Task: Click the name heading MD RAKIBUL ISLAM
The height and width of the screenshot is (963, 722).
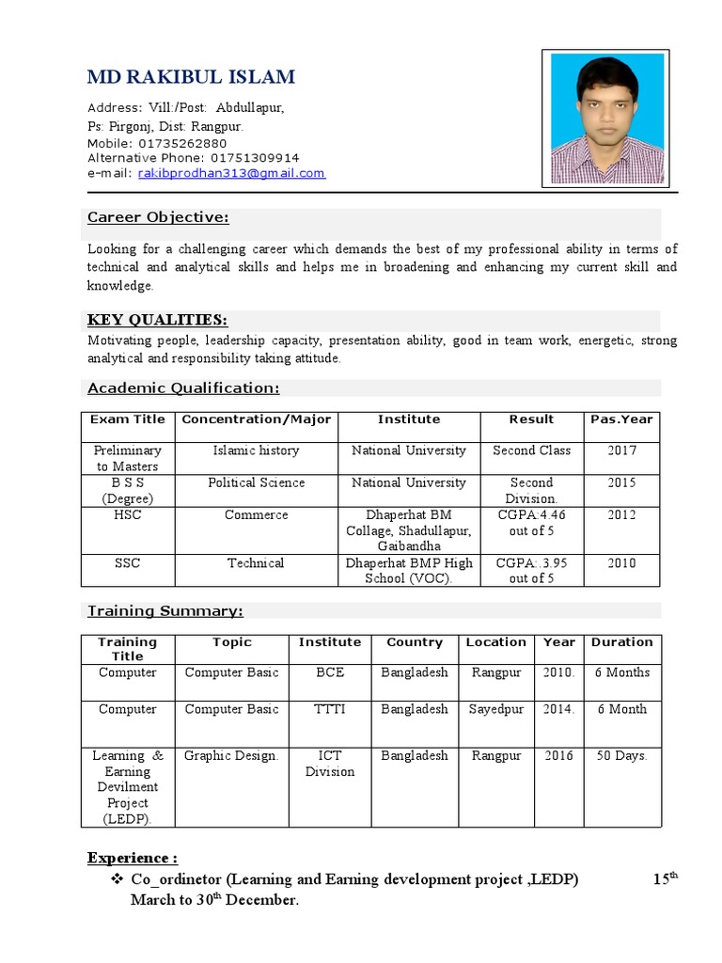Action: (x=191, y=77)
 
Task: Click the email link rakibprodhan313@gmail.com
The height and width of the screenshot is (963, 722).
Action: (x=231, y=173)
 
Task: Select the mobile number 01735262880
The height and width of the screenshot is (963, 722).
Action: (x=182, y=143)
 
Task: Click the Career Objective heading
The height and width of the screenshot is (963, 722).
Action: (x=158, y=218)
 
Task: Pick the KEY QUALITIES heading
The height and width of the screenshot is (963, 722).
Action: (x=157, y=320)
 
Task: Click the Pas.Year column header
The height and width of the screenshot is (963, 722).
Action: (x=621, y=419)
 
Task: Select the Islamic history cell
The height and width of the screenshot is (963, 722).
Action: (x=256, y=450)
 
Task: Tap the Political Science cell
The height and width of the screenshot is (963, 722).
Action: (x=256, y=482)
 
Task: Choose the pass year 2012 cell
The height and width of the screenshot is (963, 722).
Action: (x=621, y=515)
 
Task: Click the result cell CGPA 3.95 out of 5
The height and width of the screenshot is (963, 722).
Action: (x=531, y=571)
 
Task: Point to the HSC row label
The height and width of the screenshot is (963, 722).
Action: (x=128, y=515)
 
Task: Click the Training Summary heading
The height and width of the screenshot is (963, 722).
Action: (x=165, y=611)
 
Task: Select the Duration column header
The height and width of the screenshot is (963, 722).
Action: (x=621, y=642)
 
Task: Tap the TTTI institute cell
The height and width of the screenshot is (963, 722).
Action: (x=329, y=709)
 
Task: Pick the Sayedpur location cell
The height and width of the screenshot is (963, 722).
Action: (x=495, y=709)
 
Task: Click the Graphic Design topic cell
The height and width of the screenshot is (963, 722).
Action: (x=231, y=755)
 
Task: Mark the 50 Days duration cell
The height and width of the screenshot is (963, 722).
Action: (x=621, y=755)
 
